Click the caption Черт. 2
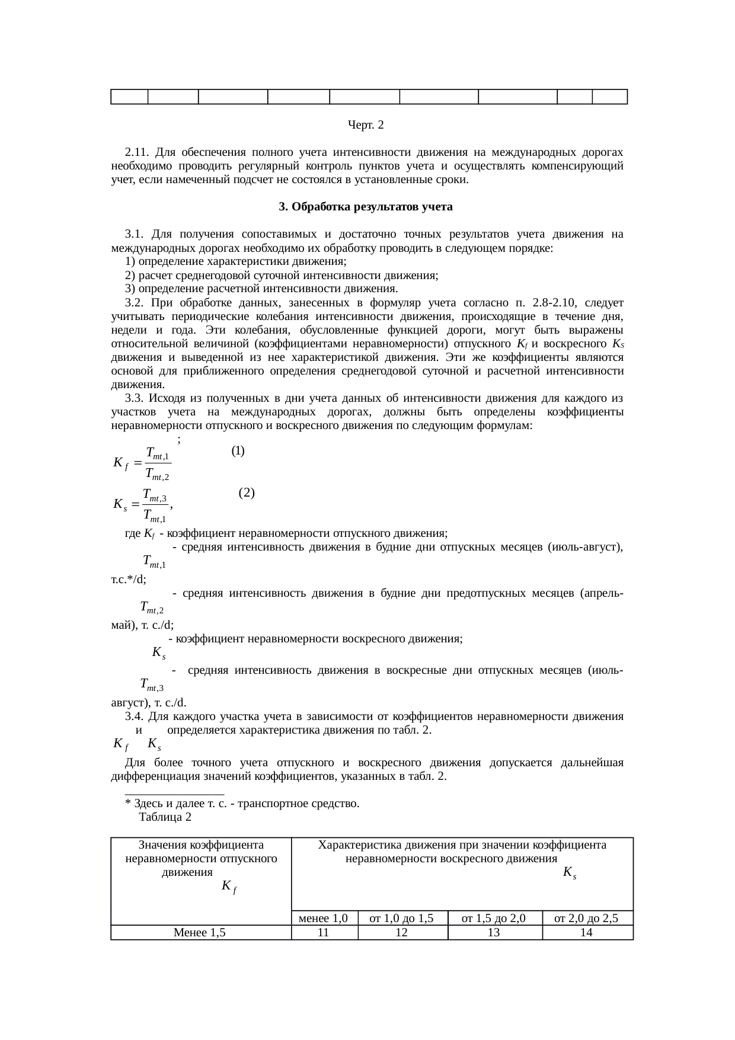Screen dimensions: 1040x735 point(366,125)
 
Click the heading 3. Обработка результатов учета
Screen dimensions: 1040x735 point(366,207)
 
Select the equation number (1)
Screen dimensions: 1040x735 point(238,450)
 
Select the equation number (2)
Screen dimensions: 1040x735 point(247,492)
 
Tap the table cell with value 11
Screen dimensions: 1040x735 point(324,932)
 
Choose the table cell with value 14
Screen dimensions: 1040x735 point(587,932)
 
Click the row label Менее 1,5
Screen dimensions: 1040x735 point(200,932)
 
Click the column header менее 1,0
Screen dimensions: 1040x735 point(324,919)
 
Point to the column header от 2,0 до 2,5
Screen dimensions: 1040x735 point(587,919)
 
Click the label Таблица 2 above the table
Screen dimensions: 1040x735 point(164,817)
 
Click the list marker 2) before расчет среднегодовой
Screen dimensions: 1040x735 point(130,276)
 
